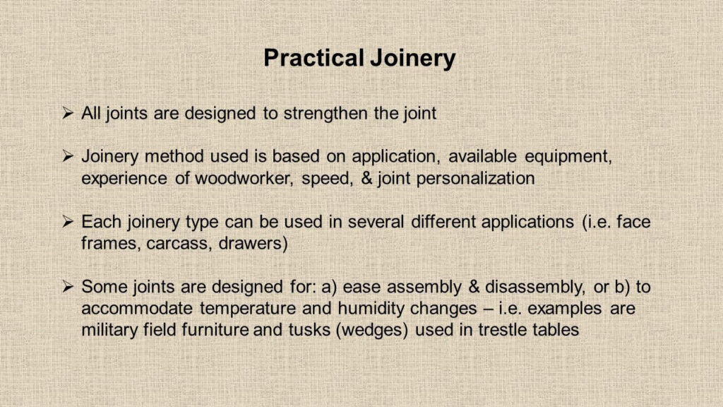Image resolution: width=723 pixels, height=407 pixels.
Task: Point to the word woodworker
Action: pos(244,178)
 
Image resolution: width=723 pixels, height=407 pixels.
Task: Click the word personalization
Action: pos(475,179)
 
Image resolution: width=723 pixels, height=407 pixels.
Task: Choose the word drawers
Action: pos(253,244)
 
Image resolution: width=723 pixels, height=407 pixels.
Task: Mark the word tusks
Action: pos(308,331)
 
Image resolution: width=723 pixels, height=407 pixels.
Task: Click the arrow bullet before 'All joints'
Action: pos(68,113)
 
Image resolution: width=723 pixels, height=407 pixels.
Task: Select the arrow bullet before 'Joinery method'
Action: pos(68,156)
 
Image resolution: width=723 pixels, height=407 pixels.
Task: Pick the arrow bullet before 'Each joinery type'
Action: pos(68,222)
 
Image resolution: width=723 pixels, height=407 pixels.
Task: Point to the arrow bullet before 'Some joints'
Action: pos(68,287)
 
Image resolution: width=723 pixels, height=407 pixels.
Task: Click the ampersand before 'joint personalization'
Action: pos(366,179)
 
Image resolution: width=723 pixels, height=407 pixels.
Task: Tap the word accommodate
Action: pos(137,309)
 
